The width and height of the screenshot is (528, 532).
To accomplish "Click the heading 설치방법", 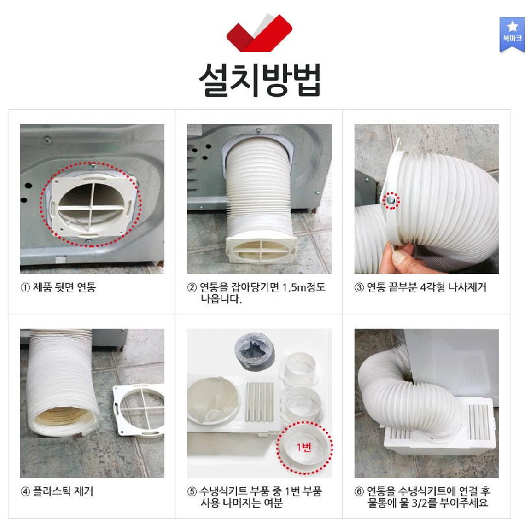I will point(259,79).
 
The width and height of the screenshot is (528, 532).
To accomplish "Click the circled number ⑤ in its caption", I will point(192,492).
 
